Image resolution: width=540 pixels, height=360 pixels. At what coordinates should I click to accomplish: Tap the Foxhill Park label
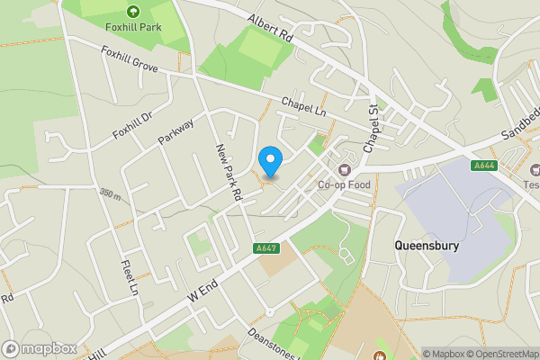[131, 27]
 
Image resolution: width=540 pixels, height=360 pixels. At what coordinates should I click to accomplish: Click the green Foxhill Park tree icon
[132, 12]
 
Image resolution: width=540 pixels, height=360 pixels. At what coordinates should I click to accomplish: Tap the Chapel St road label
[373, 128]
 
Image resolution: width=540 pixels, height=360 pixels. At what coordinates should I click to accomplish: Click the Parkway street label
[176, 132]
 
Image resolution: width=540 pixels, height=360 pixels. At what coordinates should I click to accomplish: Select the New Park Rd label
[229, 171]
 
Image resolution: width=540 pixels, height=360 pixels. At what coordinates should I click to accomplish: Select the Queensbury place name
[427, 244]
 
